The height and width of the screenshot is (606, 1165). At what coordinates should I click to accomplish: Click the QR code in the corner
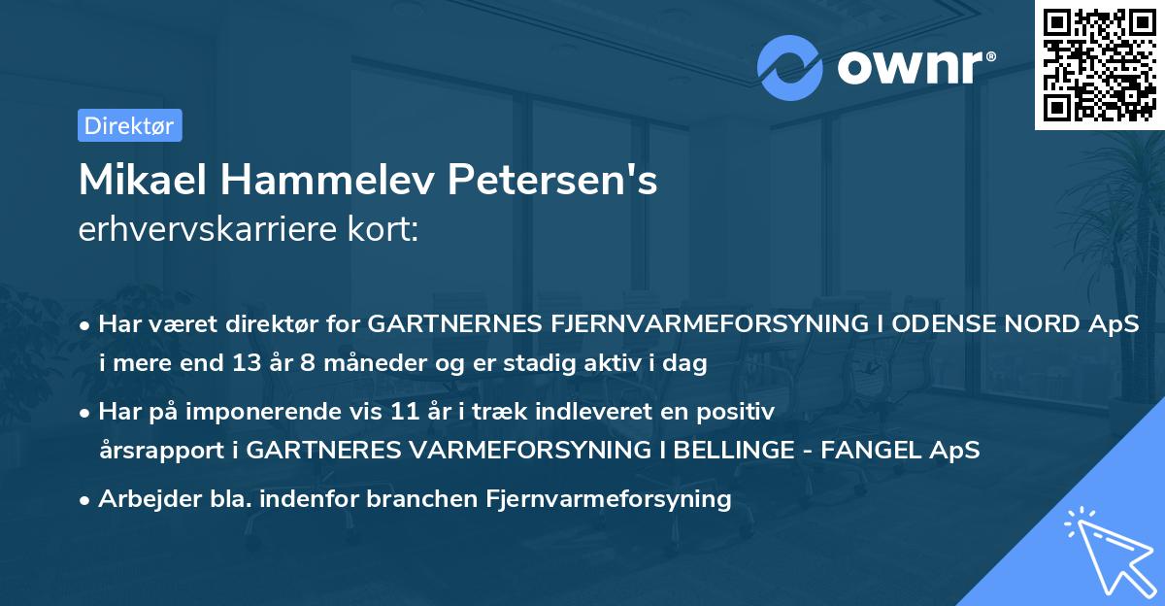coord(1100,64)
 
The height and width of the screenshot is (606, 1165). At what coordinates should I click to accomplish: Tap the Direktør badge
coord(129,124)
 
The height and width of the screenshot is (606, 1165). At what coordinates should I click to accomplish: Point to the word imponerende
coord(274,412)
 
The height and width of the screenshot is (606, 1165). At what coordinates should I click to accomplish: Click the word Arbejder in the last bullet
coord(142,499)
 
